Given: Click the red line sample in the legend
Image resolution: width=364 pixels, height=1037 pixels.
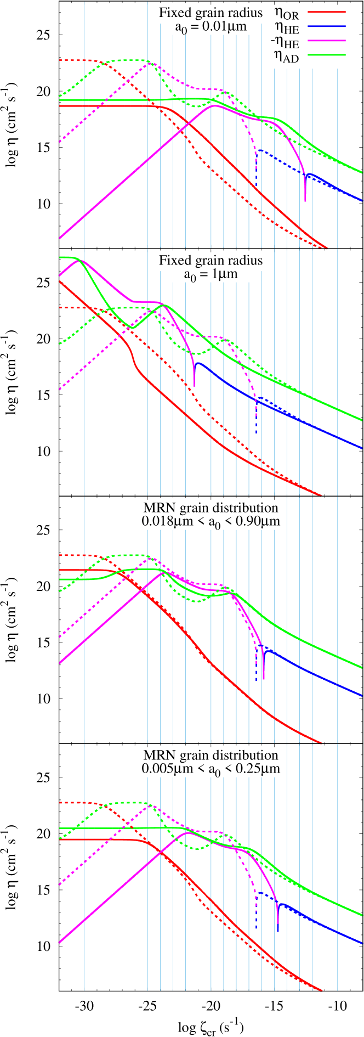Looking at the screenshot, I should pyautogui.click(x=327, y=12).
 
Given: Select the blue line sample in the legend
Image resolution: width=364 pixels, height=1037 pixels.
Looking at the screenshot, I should pyautogui.click(x=327, y=26).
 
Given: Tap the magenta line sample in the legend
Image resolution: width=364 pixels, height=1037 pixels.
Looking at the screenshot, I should pyautogui.click(x=327, y=41).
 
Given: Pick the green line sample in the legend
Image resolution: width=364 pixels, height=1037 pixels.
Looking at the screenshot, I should pyautogui.click(x=327, y=55).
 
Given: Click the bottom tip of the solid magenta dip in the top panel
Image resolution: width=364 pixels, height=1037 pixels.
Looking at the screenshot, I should pyautogui.click(x=305, y=201).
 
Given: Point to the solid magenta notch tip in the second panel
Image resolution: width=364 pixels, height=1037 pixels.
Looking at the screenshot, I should pyautogui.click(x=194, y=386).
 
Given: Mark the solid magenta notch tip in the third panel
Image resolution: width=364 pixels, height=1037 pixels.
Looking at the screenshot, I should pyautogui.click(x=264, y=679).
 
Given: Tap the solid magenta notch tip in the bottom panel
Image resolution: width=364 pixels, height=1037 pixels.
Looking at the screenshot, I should pyautogui.click(x=278, y=931).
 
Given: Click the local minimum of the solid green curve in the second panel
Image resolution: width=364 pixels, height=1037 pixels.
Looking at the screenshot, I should pyautogui.click(x=132, y=328).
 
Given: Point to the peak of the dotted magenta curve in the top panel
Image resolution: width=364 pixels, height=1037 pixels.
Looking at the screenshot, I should pyautogui.click(x=149, y=64).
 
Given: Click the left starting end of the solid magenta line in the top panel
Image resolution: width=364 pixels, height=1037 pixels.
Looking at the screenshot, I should pyautogui.click(x=59, y=238).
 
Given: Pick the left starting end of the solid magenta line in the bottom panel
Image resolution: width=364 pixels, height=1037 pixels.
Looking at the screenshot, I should pyautogui.click(x=59, y=943).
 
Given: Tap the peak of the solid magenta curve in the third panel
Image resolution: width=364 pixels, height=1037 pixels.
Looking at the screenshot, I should pyautogui.click(x=162, y=573).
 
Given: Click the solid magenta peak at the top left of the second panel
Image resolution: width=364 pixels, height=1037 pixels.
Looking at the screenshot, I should pyautogui.click(x=76, y=260).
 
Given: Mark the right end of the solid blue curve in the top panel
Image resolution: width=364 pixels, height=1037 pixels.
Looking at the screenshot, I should pyautogui.click(x=362, y=200).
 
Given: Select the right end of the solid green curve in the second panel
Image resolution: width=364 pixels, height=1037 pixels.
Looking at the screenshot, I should pyautogui.click(x=362, y=420).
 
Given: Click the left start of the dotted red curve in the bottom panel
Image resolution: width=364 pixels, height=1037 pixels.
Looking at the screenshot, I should pyautogui.click(x=59, y=803).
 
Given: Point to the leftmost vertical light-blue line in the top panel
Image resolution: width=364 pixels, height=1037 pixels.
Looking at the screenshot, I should pyautogui.click(x=84, y=123).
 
